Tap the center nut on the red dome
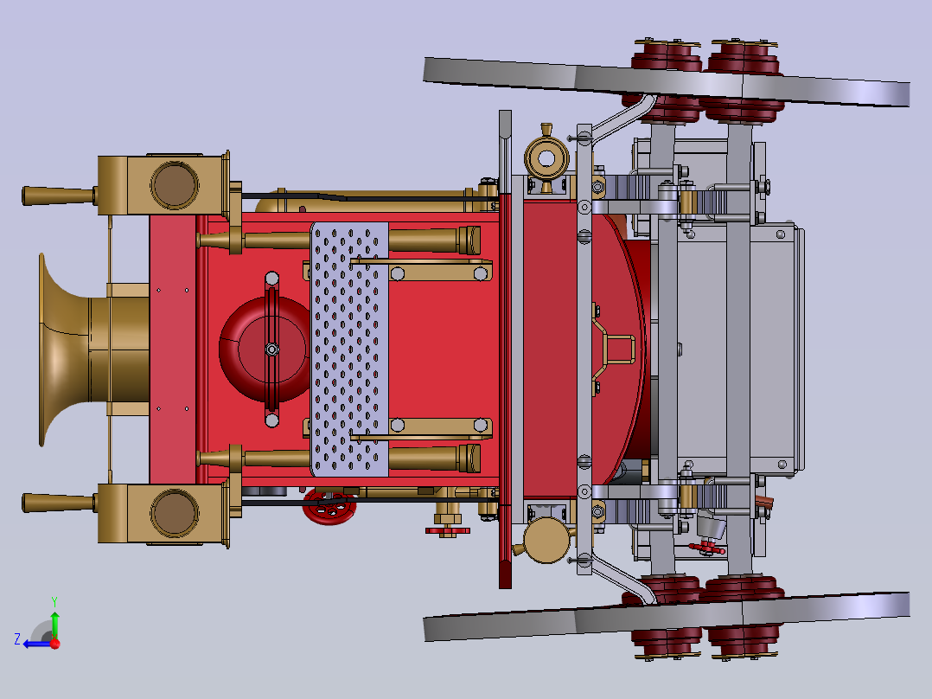point(271,349)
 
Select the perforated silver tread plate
point(349,349)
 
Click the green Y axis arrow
point(54,622)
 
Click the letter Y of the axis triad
point(54,601)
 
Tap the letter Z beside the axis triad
point(17,639)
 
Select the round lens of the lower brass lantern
point(174,513)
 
